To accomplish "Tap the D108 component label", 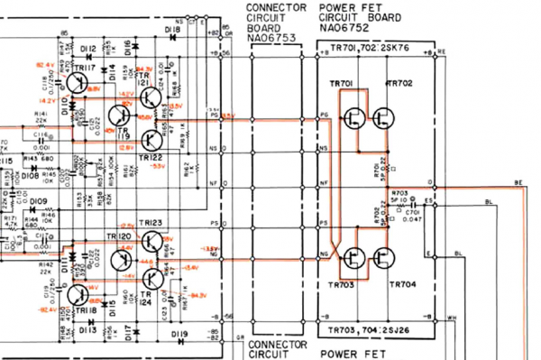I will [x=29, y=176].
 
